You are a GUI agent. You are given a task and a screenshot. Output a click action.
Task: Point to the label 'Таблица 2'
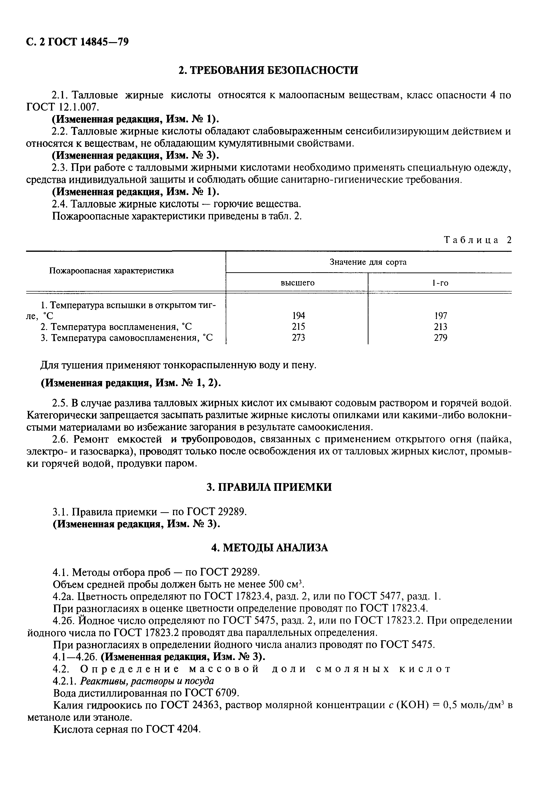pos(477,240)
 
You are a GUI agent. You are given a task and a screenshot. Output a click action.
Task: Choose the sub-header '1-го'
pos(440,283)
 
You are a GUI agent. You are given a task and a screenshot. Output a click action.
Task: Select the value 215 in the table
pos(298,326)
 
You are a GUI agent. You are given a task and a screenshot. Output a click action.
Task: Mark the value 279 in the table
pos(440,338)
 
